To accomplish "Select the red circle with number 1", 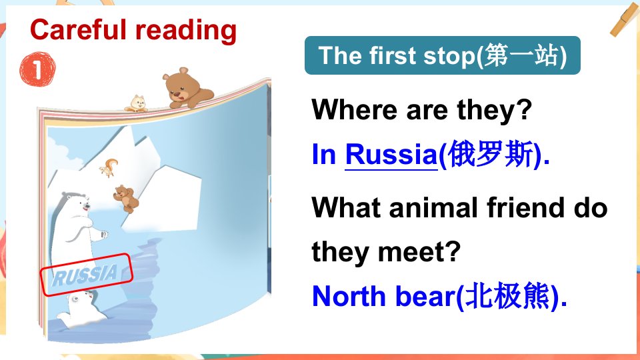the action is click(37, 69).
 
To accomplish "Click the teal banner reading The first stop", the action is click(443, 55).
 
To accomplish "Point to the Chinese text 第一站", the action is click(521, 55).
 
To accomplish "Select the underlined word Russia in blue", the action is click(391, 155).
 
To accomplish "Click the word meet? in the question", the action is click(419, 252).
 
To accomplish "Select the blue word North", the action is click(349, 296).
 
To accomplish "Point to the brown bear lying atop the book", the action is click(187, 89).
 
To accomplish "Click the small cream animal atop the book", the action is click(137, 104).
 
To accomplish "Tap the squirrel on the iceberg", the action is click(109, 167).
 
